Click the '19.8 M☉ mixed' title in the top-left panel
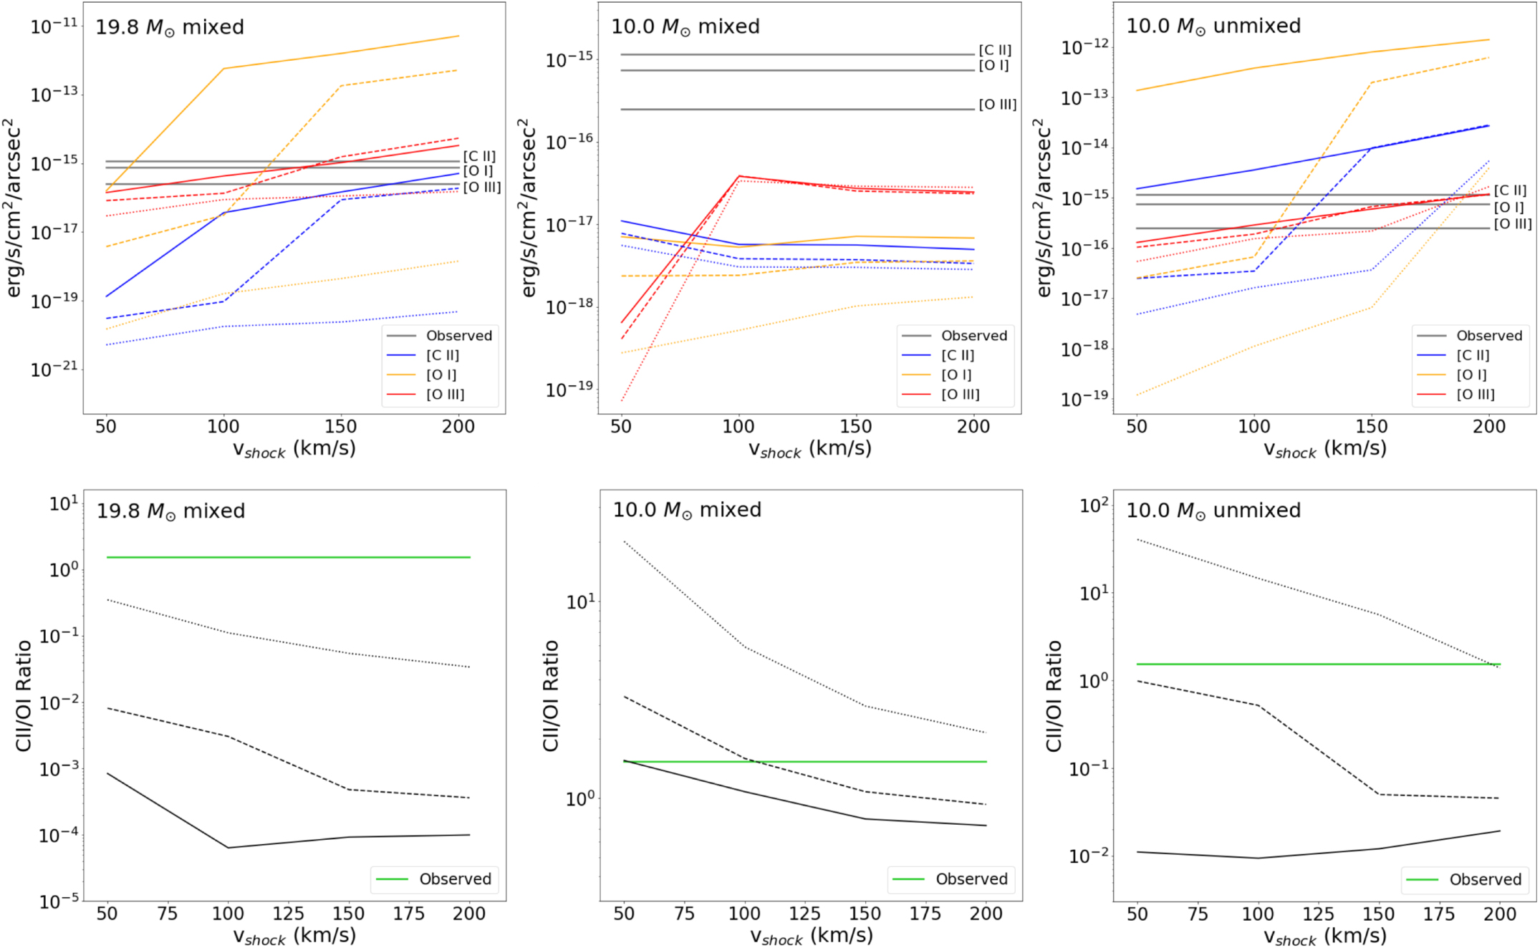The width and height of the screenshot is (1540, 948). point(170,28)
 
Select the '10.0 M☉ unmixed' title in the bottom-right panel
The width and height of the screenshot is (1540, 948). point(1213,511)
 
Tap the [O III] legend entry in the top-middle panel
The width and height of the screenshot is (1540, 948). point(960,395)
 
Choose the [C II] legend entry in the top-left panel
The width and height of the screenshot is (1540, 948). point(443,355)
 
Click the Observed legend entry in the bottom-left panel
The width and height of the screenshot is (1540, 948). point(455,879)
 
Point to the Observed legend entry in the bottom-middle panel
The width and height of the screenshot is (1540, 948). point(971,879)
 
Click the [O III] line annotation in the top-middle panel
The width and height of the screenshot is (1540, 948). point(997,105)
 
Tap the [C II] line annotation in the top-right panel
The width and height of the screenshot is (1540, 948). point(1510,190)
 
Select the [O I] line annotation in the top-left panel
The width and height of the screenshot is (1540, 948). point(478,170)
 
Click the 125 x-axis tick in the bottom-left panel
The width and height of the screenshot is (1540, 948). point(288,914)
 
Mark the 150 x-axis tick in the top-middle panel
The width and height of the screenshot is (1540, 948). point(855,427)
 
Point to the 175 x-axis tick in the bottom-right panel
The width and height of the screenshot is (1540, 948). point(1438,914)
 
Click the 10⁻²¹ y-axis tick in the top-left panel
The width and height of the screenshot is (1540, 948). point(54,369)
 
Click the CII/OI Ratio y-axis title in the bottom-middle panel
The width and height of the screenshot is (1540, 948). point(551,695)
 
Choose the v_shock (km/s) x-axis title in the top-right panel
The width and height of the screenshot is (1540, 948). point(1324,450)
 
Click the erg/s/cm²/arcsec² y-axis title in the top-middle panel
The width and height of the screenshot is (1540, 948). point(529,208)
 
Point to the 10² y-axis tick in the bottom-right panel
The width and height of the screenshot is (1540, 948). point(1094,506)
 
